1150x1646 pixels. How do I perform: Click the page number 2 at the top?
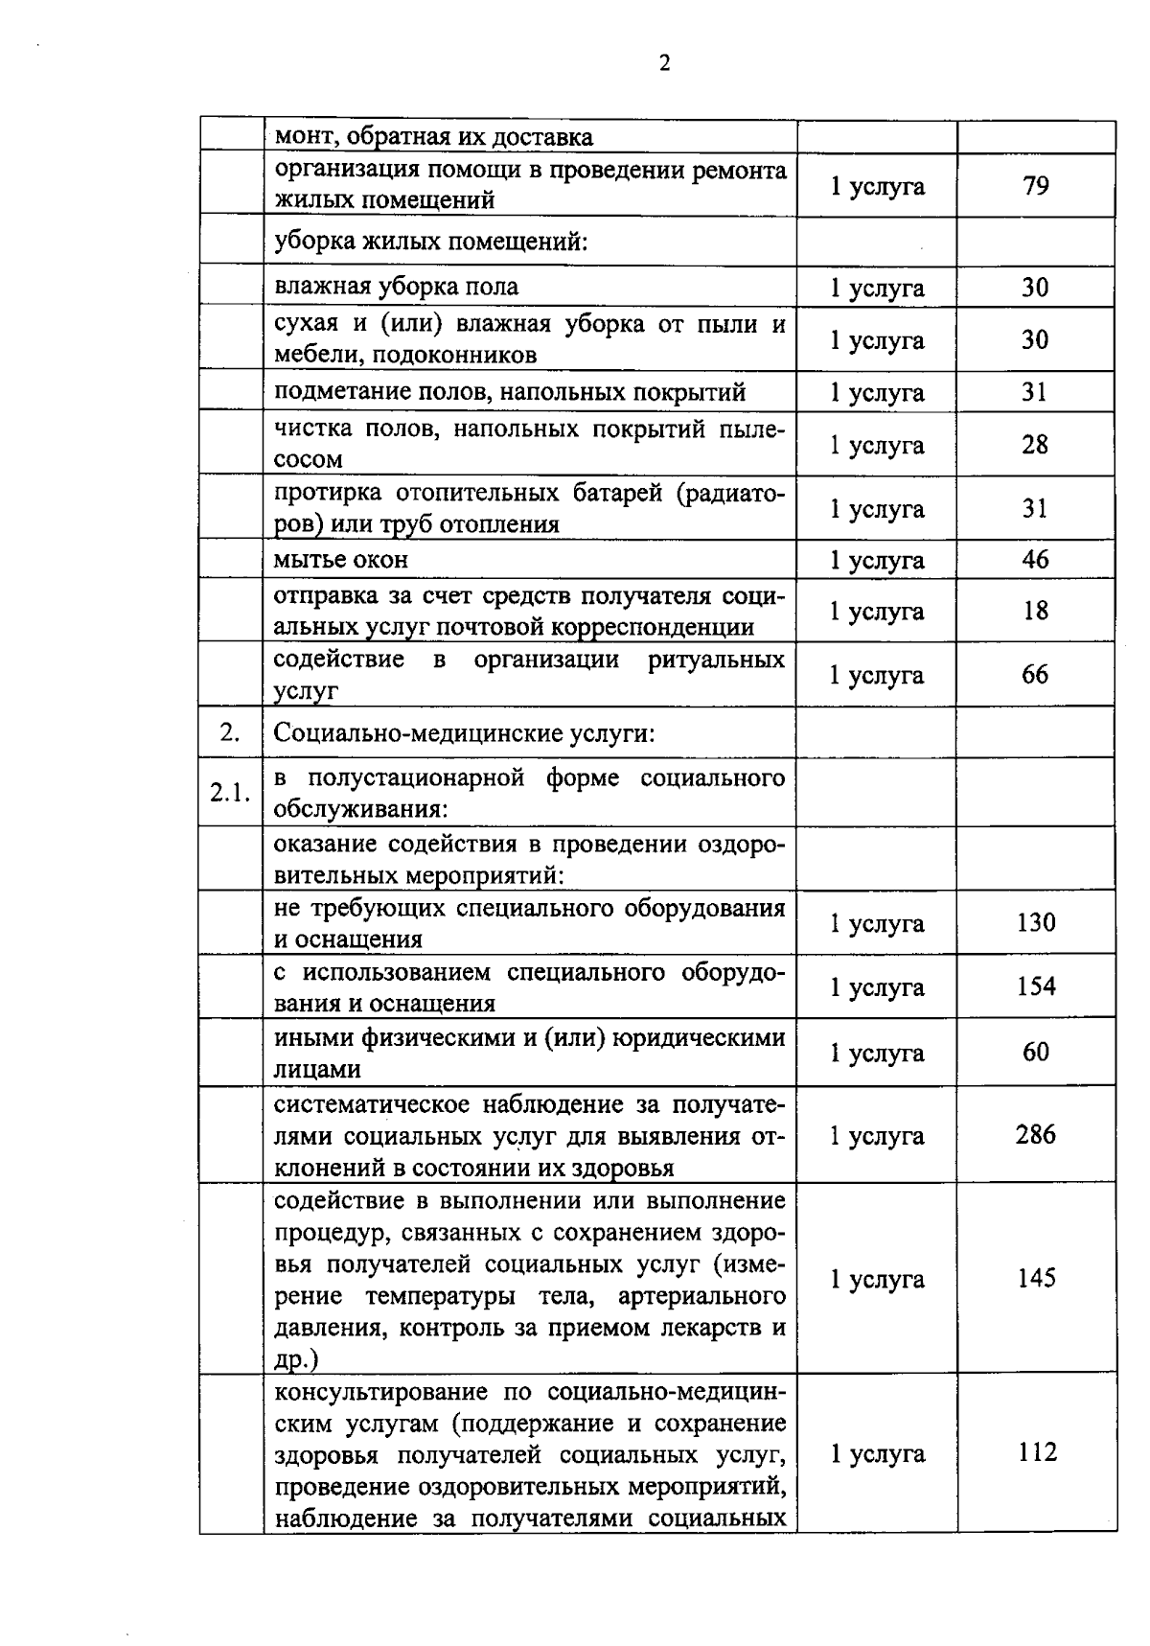[x=663, y=63]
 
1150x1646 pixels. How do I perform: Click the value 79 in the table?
[x=1035, y=185]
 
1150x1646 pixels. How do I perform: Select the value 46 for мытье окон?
[x=1035, y=559]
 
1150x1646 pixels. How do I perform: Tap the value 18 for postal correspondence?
[x=1035, y=611]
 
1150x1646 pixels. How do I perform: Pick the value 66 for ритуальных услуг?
[x=1035, y=674]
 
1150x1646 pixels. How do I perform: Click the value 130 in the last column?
[x=1036, y=922]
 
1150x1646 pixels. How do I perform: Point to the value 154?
[x=1036, y=985]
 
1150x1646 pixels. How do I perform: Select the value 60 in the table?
[x=1036, y=1052]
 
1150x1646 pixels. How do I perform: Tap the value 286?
[x=1036, y=1134]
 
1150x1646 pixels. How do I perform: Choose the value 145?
[x=1036, y=1278]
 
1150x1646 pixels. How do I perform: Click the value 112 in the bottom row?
[x=1037, y=1452]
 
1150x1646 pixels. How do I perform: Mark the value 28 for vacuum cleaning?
[x=1035, y=444]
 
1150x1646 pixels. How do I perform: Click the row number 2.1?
[x=230, y=793]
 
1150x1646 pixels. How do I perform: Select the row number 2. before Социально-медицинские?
[x=229, y=731]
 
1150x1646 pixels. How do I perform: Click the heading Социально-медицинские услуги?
[x=465, y=733]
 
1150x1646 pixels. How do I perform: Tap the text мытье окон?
[x=341, y=559]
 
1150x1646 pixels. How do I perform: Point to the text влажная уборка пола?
[x=396, y=287]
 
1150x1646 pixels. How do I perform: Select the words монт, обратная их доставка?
[x=433, y=137]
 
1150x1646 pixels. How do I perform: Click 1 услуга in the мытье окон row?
[x=877, y=560]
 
